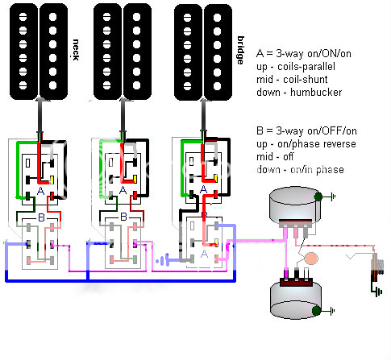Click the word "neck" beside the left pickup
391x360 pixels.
76,50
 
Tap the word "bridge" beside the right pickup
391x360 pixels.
240,50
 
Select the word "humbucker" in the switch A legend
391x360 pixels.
316,93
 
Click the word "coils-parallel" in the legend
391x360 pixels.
306,67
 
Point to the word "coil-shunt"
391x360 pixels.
306,80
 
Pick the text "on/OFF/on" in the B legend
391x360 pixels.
332,131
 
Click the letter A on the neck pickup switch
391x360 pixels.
40,191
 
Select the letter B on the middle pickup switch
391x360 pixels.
123,217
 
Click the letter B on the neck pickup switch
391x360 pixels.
41,217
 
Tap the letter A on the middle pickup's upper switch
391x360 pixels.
123,190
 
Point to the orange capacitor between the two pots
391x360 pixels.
311,259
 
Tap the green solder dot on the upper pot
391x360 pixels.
318,197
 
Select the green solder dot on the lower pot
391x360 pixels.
316,311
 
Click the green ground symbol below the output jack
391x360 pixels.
379,292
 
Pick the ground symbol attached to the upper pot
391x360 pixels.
333,197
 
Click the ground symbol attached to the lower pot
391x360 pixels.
332,311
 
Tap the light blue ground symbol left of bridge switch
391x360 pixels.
162,260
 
